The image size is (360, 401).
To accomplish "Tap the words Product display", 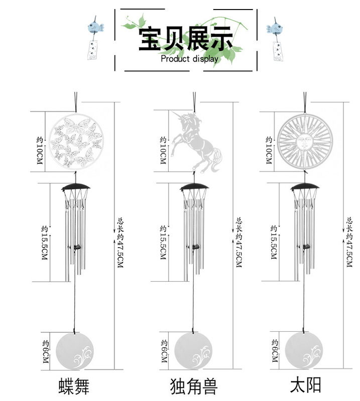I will [x=190, y=59].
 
